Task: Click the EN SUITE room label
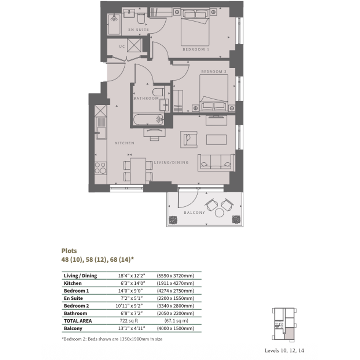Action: coord(138,30)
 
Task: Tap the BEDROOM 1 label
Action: coord(196,50)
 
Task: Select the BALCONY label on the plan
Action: coord(194,213)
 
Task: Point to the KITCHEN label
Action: coord(125,143)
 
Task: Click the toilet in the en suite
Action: coord(141,18)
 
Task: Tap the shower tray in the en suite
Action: coord(114,24)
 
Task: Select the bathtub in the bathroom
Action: coord(148,119)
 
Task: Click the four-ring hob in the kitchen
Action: coord(101,168)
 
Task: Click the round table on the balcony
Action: coord(219,213)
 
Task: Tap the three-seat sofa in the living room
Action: coord(216,163)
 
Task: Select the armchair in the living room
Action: coord(189,139)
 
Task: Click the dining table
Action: coord(138,171)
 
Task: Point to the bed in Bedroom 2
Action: coord(214,93)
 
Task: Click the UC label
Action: coord(122,46)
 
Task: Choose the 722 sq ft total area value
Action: coord(129,321)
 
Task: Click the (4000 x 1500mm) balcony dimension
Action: coord(175,328)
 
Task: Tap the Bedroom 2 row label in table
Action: coord(76,306)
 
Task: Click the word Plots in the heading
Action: coord(69,251)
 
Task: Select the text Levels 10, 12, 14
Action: coord(284,350)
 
